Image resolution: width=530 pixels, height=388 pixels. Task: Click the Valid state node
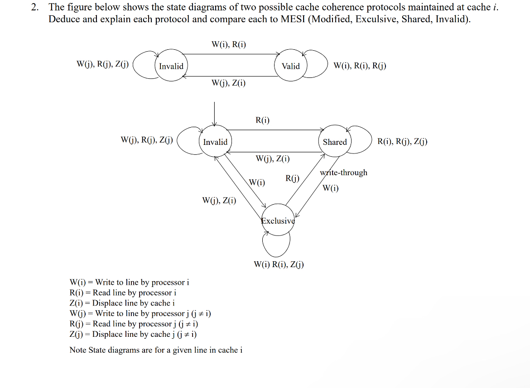pyautogui.click(x=290, y=66)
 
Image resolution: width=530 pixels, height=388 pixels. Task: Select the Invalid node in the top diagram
pyautogui.click(x=171, y=66)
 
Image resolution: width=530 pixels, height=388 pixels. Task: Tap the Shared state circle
pyautogui.click(x=335, y=142)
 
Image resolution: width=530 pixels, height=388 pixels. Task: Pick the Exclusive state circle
pyautogui.click(x=278, y=220)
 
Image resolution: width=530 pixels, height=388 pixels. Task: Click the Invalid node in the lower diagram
pyautogui.click(x=215, y=142)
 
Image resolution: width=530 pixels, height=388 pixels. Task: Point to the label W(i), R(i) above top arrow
pyautogui.click(x=229, y=44)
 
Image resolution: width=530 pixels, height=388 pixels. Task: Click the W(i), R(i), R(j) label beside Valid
pyautogui.click(x=360, y=66)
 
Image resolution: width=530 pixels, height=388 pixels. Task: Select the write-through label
pyautogui.click(x=343, y=172)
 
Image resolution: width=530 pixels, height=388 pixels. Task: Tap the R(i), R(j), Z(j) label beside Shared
pyautogui.click(x=402, y=142)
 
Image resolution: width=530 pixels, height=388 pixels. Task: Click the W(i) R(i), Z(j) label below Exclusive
pyautogui.click(x=279, y=264)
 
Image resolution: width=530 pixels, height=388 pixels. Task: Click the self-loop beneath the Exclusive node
pyautogui.click(x=276, y=247)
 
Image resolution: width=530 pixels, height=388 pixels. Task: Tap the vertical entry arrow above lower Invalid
pyautogui.click(x=215, y=113)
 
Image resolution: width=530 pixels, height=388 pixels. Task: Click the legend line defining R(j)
pyautogui.click(x=134, y=324)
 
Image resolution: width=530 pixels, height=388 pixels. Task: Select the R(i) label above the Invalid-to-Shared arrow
pyautogui.click(x=262, y=120)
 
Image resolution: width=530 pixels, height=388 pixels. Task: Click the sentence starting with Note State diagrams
pyautogui.click(x=156, y=350)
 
